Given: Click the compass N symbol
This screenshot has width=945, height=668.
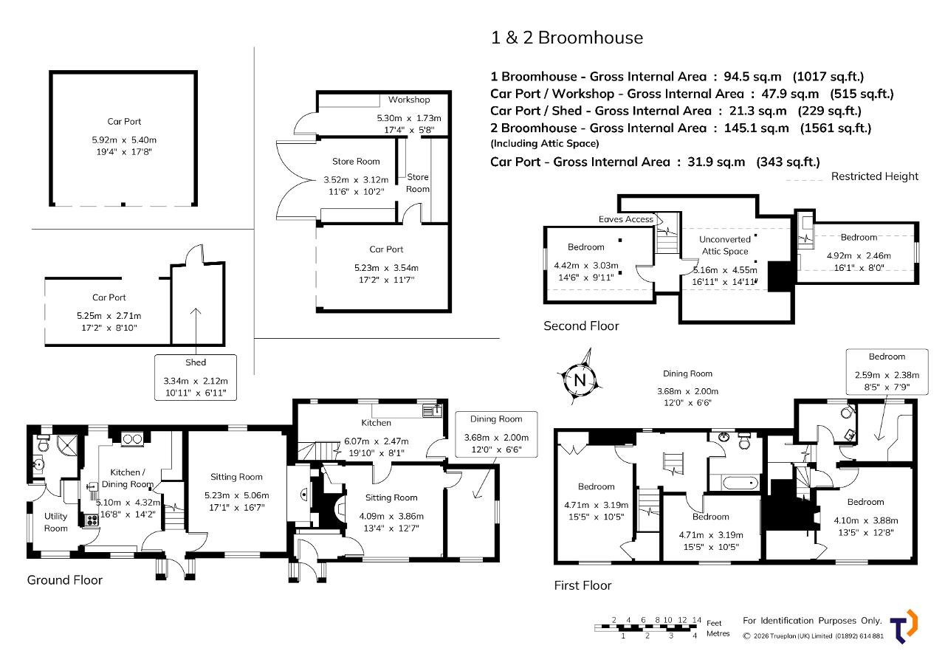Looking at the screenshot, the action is point(580,379).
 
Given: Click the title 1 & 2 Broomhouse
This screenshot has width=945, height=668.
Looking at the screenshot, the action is point(567,38).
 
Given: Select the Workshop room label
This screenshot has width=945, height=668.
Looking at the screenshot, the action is point(409,100).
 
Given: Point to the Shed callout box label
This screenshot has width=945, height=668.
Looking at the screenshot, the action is point(196,362).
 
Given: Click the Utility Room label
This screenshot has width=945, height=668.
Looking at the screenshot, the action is point(55,522).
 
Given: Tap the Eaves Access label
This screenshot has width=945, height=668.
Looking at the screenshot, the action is point(625,219).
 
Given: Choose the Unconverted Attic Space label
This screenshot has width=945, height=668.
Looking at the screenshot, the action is point(725,245).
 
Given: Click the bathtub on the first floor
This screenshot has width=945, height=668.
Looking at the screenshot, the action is point(740,483).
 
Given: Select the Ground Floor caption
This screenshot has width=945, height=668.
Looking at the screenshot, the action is point(64,580).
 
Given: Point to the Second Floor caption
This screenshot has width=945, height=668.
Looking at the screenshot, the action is point(581,326).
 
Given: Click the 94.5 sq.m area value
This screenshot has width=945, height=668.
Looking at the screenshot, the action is point(752,76).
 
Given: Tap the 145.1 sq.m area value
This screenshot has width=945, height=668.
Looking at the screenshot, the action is point(757,128).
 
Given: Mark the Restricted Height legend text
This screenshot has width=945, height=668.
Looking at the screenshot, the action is point(875,176).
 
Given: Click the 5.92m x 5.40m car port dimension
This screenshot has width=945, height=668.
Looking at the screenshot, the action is point(124,140).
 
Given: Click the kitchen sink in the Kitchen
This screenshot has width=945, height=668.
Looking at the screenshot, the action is point(433,410).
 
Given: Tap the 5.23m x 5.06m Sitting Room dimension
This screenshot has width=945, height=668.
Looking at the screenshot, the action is point(237,495).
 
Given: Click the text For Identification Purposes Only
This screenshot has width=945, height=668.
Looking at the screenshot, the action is point(813,620).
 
